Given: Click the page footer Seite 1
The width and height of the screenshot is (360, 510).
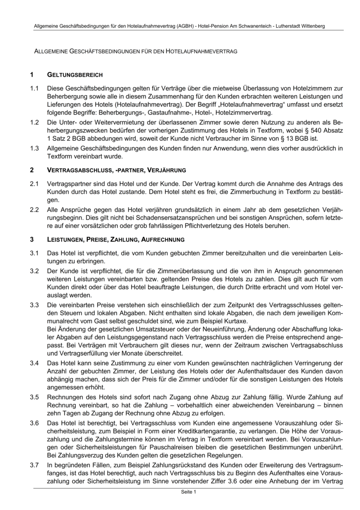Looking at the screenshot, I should click(x=188, y=492).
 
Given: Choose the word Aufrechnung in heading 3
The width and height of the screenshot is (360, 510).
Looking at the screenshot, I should click(x=164, y=239).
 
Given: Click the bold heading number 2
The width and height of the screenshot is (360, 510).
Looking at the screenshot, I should click(x=31, y=169).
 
